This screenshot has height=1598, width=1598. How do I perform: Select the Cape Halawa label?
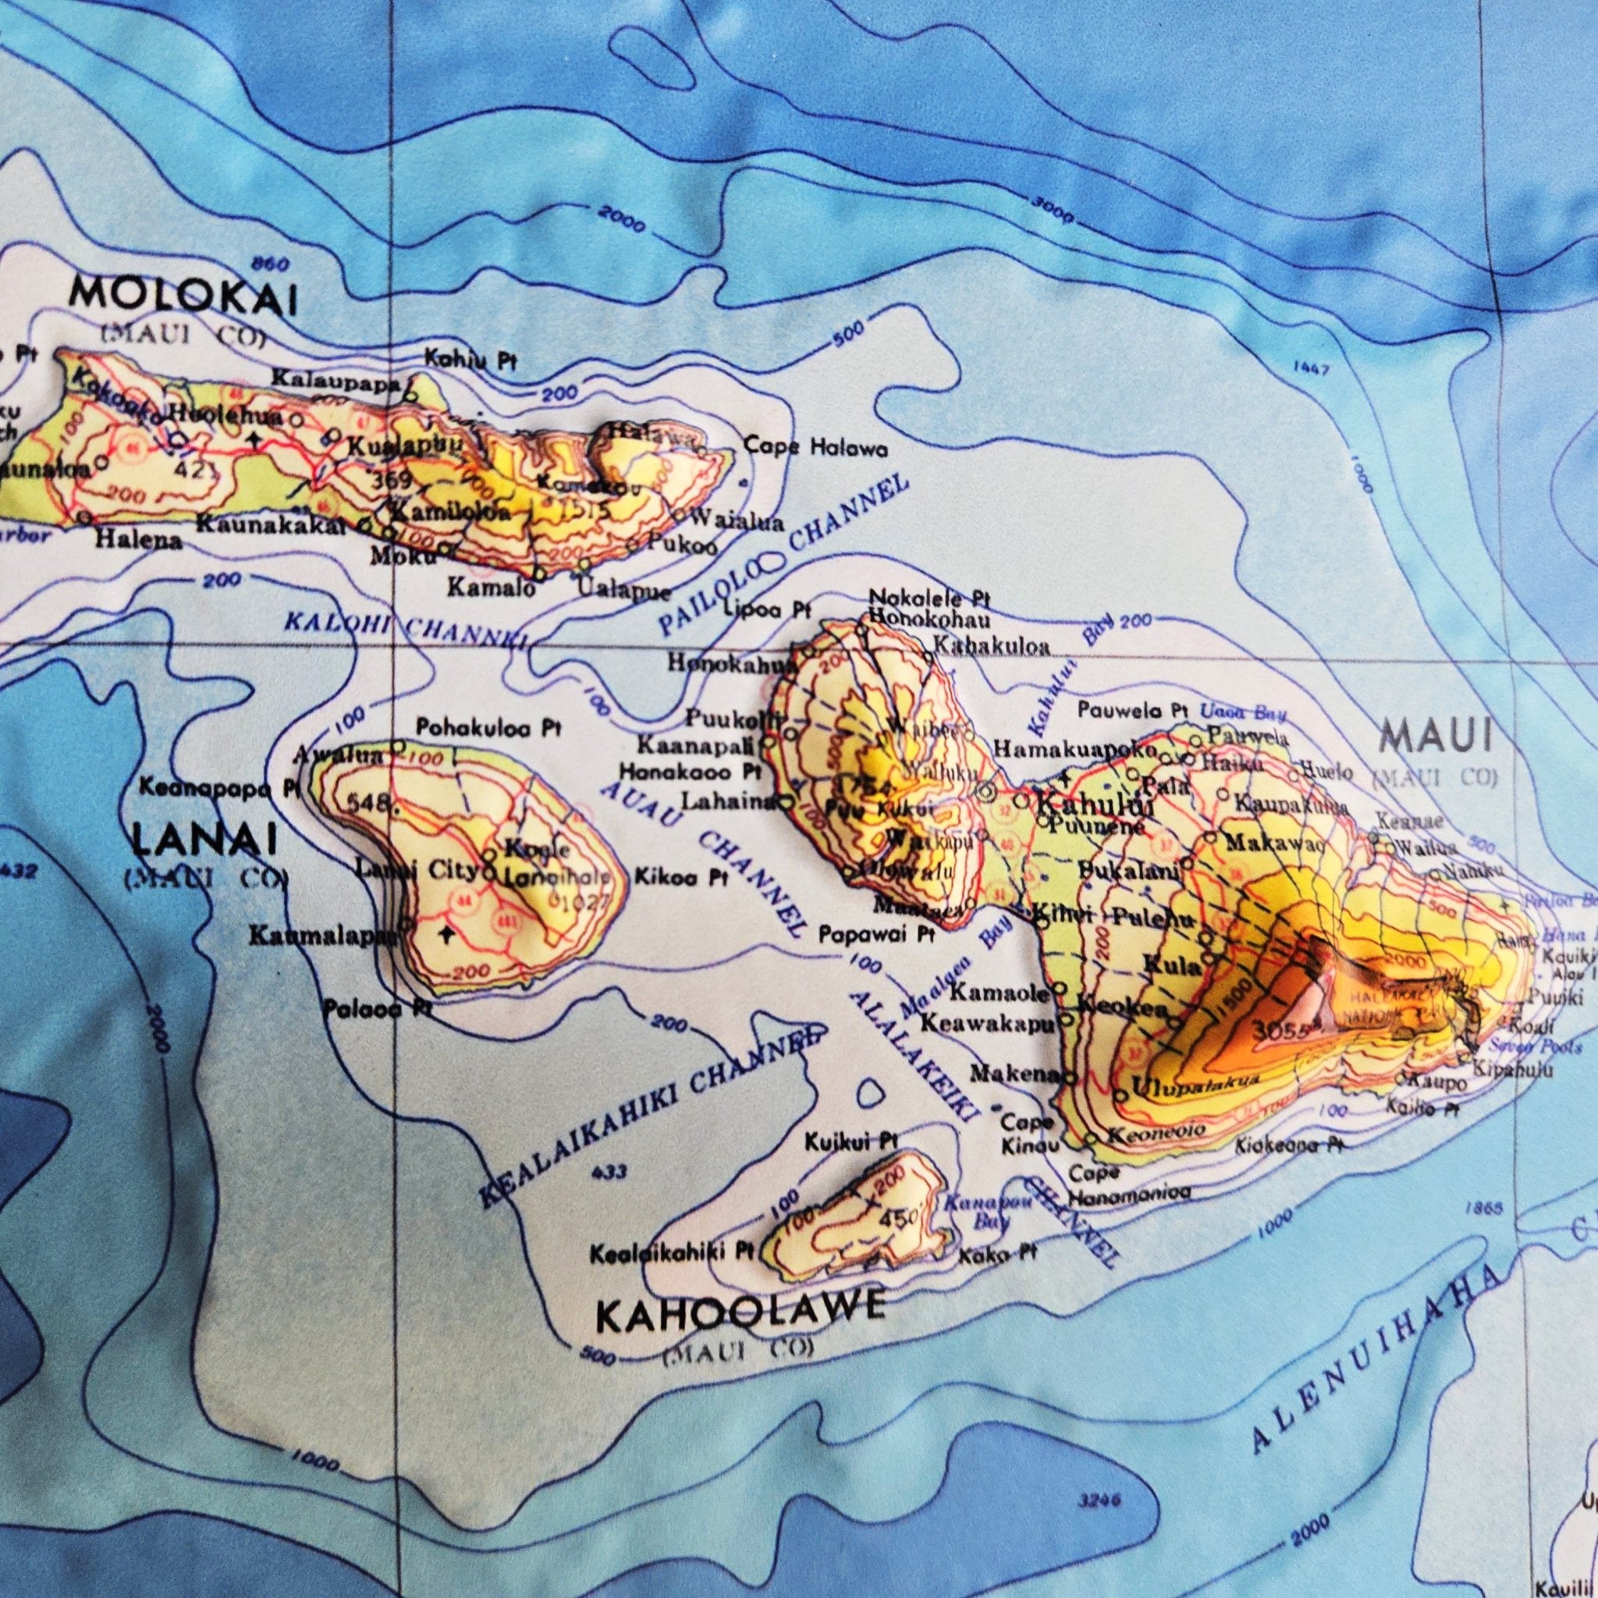tap(815, 449)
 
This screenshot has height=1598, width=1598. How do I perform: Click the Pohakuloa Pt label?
tap(488, 729)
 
